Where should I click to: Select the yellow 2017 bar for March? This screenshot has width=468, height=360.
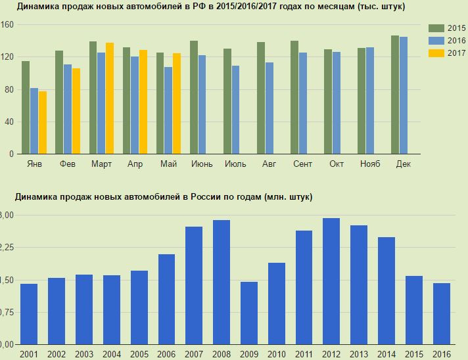pyautogui.click(x=110, y=99)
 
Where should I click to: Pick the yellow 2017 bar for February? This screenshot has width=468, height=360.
pyautogui.click(x=76, y=112)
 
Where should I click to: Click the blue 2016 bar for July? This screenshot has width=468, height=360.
pyautogui.click(x=235, y=110)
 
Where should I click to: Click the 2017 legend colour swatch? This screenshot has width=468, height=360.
pyautogui.click(x=436, y=53)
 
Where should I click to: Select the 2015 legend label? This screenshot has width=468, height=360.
pyautogui.click(x=457, y=28)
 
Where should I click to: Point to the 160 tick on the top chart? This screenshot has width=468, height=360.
pyautogui.click(x=8, y=24)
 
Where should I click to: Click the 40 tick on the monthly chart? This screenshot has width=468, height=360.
pyautogui.click(x=10, y=122)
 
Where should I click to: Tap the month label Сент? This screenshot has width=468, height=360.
pyautogui.click(x=302, y=164)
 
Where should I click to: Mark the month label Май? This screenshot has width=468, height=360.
pyautogui.click(x=168, y=164)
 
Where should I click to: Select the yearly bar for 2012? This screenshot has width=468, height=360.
pyautogui.click(x=331, y=281)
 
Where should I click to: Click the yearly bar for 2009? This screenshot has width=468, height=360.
pyautogui.click(x=248, y=313)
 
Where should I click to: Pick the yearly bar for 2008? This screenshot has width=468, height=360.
pyautogui.click(x=222, y=282)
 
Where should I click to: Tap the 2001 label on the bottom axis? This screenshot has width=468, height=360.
pyautogui.click(x=29, y=355)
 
